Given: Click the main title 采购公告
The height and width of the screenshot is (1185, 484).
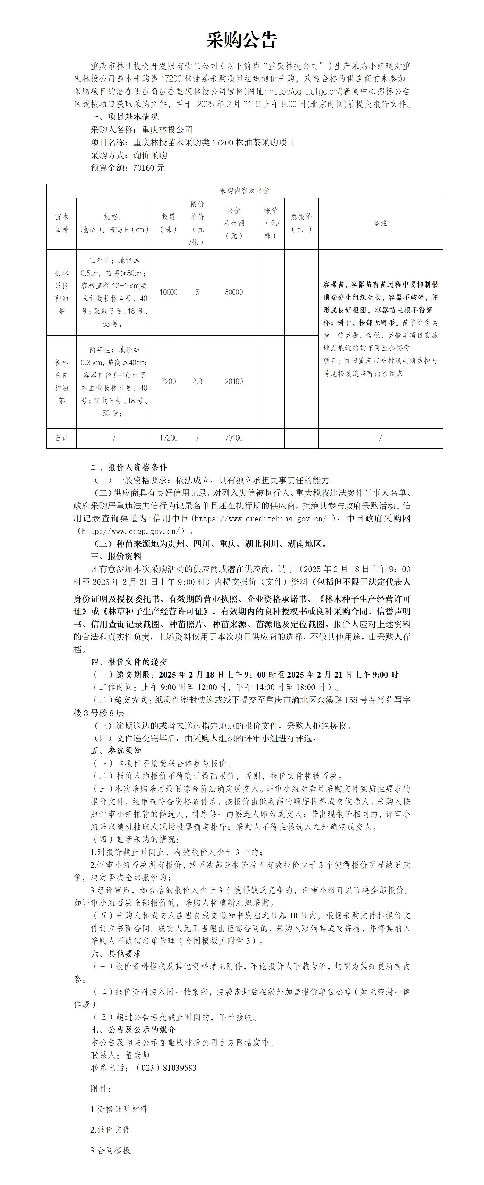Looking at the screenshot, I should point(242,41).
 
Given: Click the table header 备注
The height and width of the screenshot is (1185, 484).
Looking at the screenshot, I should point(380,224).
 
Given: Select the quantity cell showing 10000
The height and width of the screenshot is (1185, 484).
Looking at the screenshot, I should point(168,292).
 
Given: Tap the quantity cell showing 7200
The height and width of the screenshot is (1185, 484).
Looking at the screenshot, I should point(168,382).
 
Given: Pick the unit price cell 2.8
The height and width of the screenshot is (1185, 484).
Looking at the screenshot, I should point(197,382).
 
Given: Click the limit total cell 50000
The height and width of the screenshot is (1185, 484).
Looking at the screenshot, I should point(234,292).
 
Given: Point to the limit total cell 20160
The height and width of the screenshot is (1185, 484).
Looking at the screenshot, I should point(234,382).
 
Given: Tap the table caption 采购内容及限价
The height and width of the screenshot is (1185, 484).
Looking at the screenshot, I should point(244,191).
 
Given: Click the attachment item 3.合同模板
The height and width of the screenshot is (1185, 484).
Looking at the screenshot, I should point(110,1150).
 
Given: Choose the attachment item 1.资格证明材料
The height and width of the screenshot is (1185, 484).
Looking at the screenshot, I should point(119,1109).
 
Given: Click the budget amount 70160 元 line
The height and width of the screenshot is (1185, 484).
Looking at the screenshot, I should point(127,168).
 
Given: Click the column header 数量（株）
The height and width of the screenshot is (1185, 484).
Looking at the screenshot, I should point(168,224).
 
